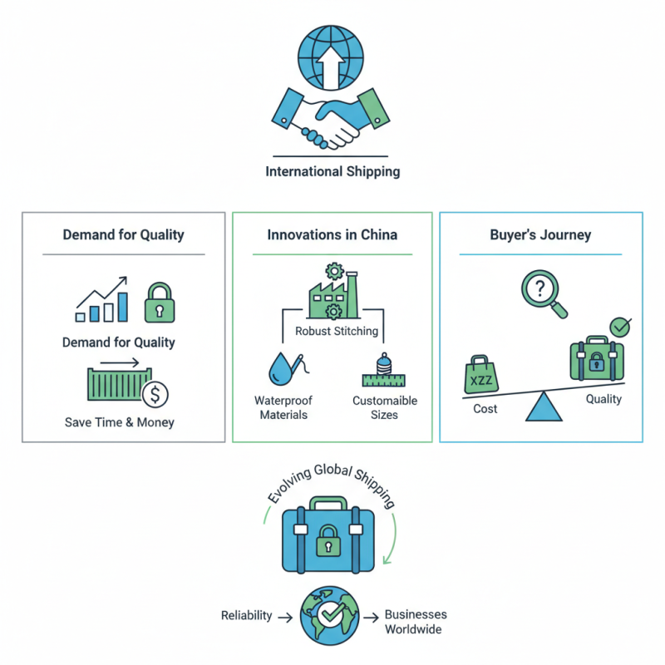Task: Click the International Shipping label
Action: pyautogui.click(x=332, y=172)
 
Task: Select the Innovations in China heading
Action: pyautogui.click(x=332, y=234)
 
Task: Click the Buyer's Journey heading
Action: pyautogui.click(x=540, y=234)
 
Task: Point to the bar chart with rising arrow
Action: pyautogui.click(x=101, y=300)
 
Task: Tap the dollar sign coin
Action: pyautogui.click(x=155, y=394)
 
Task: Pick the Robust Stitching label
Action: pyautogui.click(x=337, y=331)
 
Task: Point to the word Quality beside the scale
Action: pyautogui.click(x=603, y=399)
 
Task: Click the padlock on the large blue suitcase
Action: pyautogui.click(x=330, y=540)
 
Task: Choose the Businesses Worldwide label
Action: pyautogui.click(x=415, y=622)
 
